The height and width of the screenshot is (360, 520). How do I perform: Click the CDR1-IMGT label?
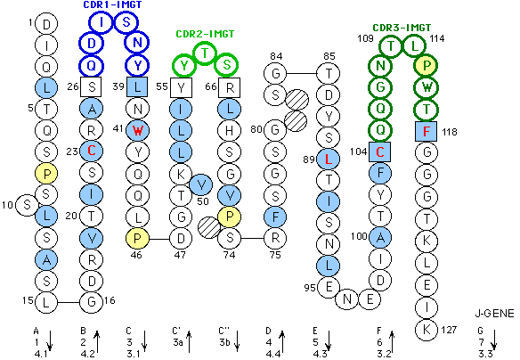coord(112,4)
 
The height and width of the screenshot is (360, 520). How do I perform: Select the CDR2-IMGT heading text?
coord(205,34)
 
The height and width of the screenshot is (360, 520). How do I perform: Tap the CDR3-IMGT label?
coord(402,28)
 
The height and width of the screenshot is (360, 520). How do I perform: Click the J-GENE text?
coord(494,313)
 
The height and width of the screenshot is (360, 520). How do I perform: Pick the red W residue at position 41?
coord(138,130)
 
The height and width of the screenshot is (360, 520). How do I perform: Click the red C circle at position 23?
coord(91,151)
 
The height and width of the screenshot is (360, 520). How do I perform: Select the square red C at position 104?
coord(379,152)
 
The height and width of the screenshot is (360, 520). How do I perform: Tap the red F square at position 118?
coord(427,131)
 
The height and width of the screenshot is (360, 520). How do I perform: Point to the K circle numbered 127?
coord(427,330)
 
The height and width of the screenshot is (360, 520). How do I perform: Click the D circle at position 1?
coord(46,24)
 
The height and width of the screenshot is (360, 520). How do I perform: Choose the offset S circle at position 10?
coord(28,205)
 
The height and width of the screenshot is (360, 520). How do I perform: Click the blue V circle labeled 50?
coord(201,184)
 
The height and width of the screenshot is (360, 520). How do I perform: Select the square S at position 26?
coord(91,87)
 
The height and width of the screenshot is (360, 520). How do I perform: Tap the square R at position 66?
coord(229,87)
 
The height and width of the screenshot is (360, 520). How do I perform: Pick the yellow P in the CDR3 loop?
coord(427,66)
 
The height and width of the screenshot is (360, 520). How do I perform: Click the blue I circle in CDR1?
coord(102,22)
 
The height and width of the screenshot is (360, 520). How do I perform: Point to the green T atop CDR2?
coord(205,53)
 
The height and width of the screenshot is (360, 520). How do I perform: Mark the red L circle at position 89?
coord(329,160)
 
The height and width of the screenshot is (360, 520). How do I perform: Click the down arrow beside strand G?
coord(494,340)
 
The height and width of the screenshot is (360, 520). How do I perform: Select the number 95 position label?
coord(310,287)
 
